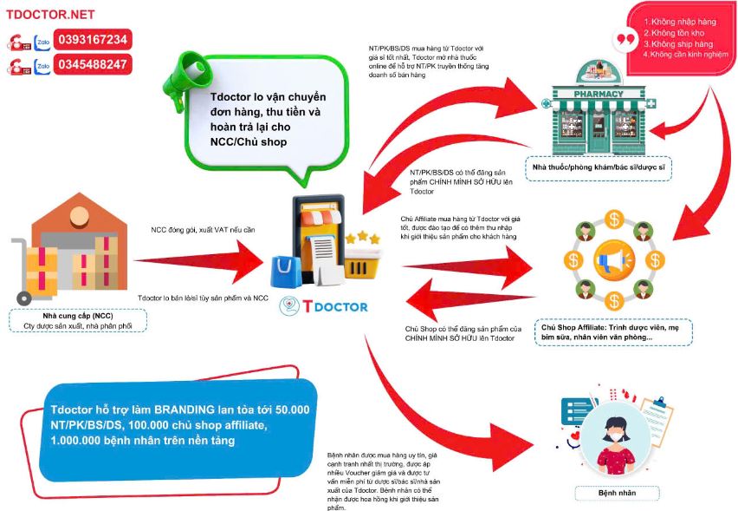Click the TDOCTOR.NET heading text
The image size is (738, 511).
pyautogui.click(x=49, y=15)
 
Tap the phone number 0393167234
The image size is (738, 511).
pyautogui.click(x=93, y=40)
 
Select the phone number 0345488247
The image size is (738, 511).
pyautogui.click(x=93, y=64)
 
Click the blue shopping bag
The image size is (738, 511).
pyautogui.click(x=285, y=271)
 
